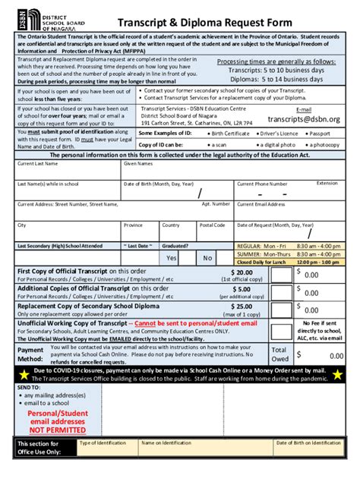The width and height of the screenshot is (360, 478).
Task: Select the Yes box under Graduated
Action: click(x=171, y=258)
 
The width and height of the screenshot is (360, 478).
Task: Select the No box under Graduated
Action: click(x=207, y=258)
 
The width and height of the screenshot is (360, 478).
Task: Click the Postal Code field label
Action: click(x=212, y=225)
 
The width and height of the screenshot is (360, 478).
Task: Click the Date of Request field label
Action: click(x=275, y=225)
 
